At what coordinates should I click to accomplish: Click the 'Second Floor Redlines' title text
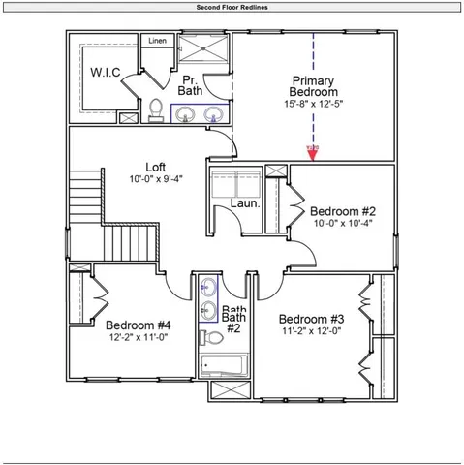(x=232, y=6)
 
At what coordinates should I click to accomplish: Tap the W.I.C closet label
(x=105, y=73)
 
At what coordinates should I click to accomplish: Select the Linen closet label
(x=157, y=41)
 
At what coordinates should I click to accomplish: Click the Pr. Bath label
(x=189, y=84)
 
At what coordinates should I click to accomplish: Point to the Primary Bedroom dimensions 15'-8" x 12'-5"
(x=313, y=104)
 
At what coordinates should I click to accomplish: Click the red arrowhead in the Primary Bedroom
(x=313, y=151)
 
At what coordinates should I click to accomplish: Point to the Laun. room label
(x=242, y=203)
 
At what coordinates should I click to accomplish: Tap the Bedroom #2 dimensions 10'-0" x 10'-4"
(x=342, y=223)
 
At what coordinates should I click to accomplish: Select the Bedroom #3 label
(x=311, y=319)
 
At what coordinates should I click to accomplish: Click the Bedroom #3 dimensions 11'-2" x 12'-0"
(x=311, y=331)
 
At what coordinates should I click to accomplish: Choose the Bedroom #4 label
(x=139, y=325)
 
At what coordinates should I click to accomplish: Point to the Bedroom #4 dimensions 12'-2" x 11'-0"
(x=139, y=337)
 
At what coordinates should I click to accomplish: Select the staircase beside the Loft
(x=116, y=223)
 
